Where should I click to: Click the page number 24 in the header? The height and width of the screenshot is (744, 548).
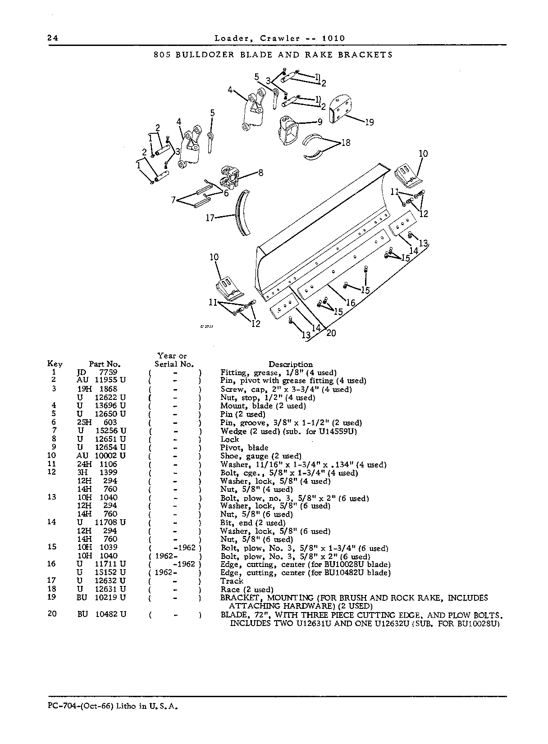[x=53, y=38]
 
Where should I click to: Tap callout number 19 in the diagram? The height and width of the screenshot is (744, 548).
[x=369, y=122]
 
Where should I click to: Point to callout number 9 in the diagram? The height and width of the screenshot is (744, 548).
[x=320, y=122]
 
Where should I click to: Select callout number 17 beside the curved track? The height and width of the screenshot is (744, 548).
[x=210, y=218]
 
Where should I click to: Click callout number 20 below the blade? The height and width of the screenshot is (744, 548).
[x=331, y=333]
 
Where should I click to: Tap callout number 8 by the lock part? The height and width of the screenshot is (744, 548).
[x=260, y=173]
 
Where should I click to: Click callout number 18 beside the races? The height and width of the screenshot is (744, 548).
[x=346, y=143]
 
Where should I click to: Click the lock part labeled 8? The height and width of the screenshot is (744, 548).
[x=230, y=177]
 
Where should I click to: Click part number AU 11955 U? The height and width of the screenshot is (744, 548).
[x=101, y=380]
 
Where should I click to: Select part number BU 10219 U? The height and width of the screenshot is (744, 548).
[x=101, y=598]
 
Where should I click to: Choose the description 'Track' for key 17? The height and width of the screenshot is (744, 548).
[x=232, y=581]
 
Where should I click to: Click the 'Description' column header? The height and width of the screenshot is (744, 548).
[x=291, y=364]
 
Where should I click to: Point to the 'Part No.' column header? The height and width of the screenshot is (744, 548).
[x=105, y=364]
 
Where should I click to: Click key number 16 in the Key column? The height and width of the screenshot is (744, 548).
[x=51, y=564]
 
